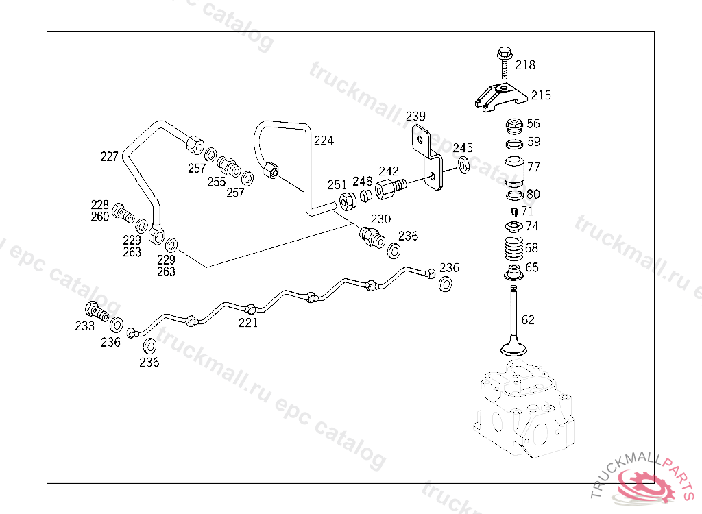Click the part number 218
pos(526,65)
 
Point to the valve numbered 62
pos(513,322)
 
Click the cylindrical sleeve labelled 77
pos(513,173)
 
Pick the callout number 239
pos(415,116)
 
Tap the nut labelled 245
pos(463,164)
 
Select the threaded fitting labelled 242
pos(390,187)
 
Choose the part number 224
pos(324,140)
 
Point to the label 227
pos(110,156)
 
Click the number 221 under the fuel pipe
pos(248,323)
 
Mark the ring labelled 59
pos(513,144)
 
